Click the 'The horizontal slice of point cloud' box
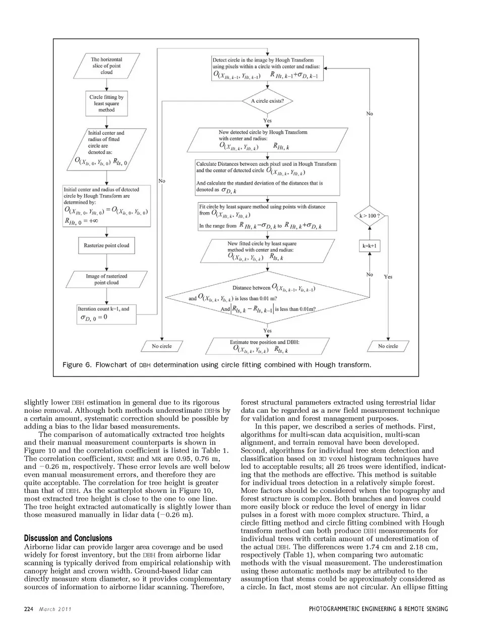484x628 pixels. (x=106, y=66)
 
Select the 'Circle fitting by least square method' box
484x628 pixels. (x=106, y=103)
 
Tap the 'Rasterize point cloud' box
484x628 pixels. (x=106, y=245)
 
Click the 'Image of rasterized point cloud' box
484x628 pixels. (x=106, y=279)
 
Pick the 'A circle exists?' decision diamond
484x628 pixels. (x=267, y=101)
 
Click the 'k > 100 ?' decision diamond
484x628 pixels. (x=370, y=216)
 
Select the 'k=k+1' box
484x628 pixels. (x=370, y=246)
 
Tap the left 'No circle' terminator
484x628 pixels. (x=162, y=346)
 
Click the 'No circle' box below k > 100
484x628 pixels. (x=388, y=346)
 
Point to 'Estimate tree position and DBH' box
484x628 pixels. (x=265, y=346)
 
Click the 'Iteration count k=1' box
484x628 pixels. (x=106, y=313)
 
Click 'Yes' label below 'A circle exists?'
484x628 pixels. (x=267, y=120)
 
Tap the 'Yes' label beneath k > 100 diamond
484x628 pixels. (x=388, y=277)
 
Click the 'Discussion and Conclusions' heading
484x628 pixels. (x=68, y=538)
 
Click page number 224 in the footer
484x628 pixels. (x=28, y=609)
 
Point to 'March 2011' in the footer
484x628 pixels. (x=55, y=609)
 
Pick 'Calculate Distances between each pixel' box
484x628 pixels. (x=267, y=177)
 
